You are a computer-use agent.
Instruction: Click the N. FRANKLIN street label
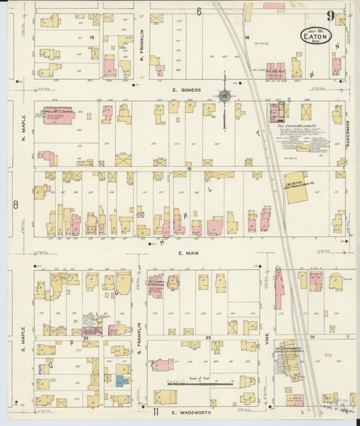tap(142, 41)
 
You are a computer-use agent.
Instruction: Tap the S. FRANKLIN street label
tap(140, 336)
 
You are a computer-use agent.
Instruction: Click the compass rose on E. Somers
tap(224, 97)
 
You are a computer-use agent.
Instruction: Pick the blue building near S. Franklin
tap(122, 380)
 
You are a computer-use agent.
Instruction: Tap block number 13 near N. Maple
tap(91, 38)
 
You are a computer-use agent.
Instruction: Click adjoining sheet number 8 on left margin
tap(15, 203)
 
